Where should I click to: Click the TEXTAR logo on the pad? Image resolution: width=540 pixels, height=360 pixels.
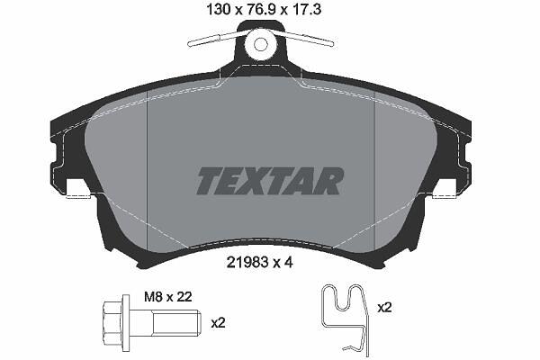pyautogui.click(x=270, y=181)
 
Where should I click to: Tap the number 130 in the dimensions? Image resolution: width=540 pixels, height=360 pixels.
pyautogui.click(x=218, y=10)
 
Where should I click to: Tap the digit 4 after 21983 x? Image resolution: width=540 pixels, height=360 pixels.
pyautogui.click(x=288, y=263)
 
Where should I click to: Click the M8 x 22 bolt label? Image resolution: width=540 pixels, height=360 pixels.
pyautogui.click(x=168, y=297)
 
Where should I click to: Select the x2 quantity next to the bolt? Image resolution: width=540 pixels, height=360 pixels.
pyautogui.click(x=218, y=323)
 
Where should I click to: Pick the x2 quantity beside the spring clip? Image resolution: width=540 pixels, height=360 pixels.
pyautogui.click(x=384, y=307)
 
